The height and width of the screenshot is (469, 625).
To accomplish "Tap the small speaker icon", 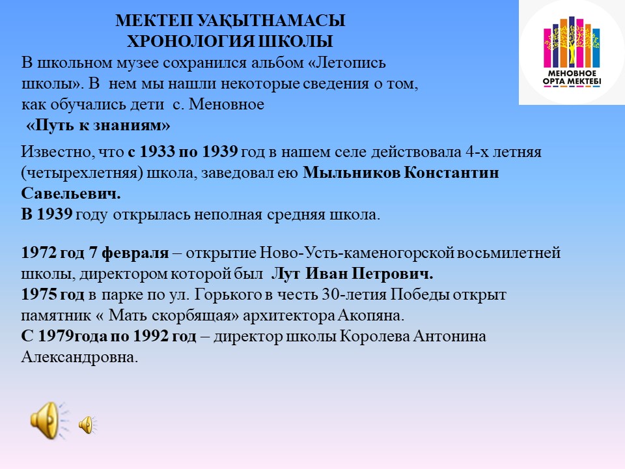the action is (x=87, y=425).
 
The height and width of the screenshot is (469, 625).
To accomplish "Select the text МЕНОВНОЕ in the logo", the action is (x=572, y=74).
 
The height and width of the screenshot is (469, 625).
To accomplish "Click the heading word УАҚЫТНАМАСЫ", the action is (x=271, y=20).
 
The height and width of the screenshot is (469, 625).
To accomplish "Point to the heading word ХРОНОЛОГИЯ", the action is (x=191, y=42).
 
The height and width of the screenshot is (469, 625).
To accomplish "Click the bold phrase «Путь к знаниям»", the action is (x=98, y=125).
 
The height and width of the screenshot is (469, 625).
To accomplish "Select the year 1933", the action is (x=157, y=152).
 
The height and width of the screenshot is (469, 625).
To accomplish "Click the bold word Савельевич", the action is (x=71, y=193).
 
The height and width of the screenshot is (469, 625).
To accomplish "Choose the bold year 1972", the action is (x=38, y=253).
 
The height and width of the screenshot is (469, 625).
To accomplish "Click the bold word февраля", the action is (x=135, y=253).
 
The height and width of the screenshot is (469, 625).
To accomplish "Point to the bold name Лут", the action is (x=286, y=274).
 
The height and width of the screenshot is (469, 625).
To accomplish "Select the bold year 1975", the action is (x=38, y=294).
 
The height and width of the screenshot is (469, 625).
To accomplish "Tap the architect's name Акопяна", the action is (x=371, y=315).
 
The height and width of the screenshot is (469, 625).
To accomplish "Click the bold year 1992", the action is (x=150, y=336).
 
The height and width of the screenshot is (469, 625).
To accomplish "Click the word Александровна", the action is (x=79, y=357).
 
